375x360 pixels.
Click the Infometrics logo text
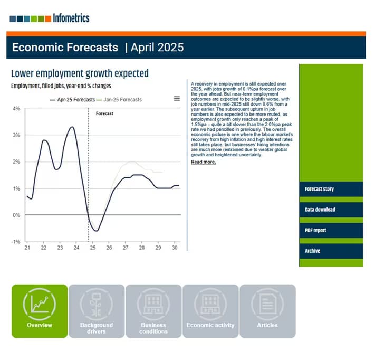71,18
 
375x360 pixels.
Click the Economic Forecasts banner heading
65,48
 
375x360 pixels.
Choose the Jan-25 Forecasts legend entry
122,99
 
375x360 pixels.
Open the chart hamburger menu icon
177,98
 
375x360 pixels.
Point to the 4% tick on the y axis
16,109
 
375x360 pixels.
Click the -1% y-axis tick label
16,242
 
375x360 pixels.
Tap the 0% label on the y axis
16,215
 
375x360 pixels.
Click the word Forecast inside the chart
104,113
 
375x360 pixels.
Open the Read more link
203,162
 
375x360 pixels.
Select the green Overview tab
40,311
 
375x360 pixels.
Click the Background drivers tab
97,311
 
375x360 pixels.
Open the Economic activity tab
210,311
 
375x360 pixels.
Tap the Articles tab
267,311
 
